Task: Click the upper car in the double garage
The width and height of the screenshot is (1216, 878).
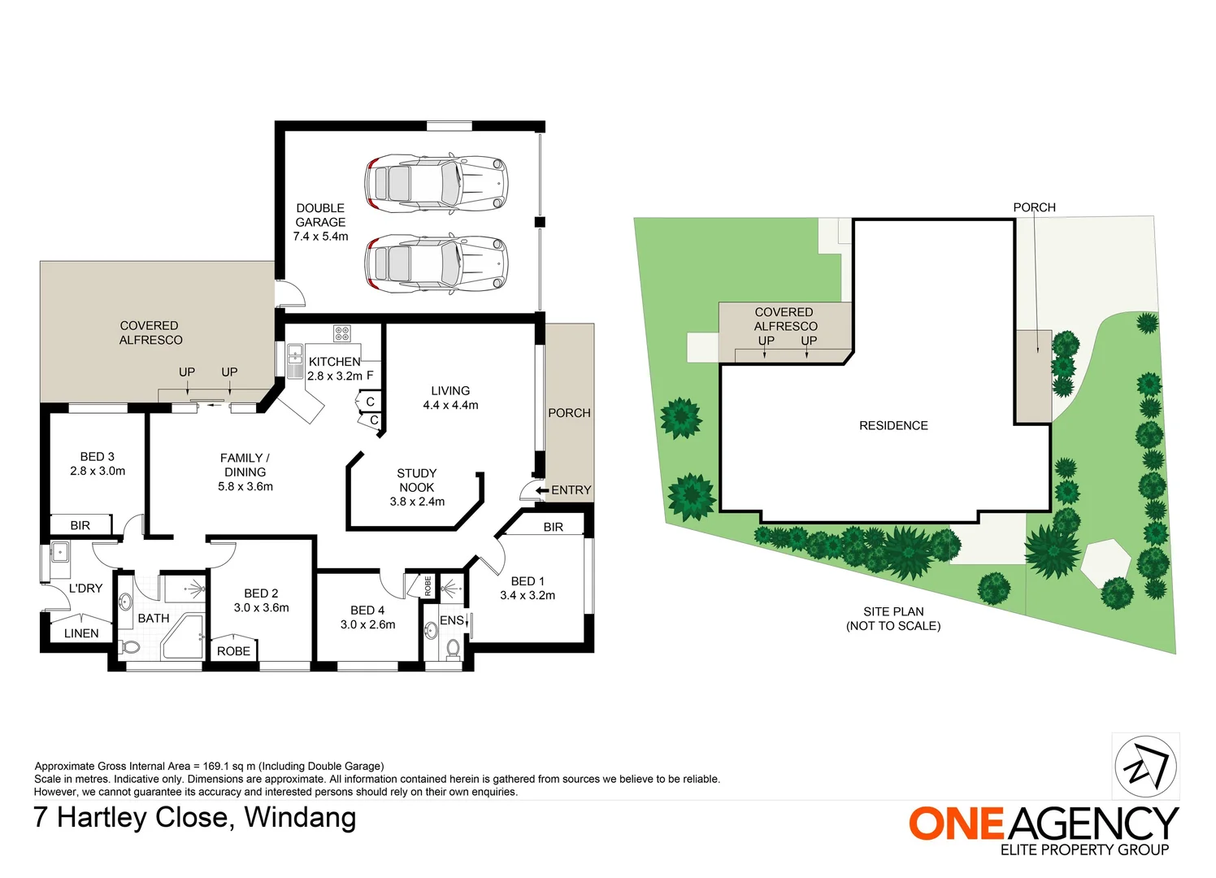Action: pos(436,184)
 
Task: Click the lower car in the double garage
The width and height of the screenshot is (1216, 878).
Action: pos(436,263)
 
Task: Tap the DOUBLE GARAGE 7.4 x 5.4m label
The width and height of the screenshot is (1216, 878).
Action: pos(320,222)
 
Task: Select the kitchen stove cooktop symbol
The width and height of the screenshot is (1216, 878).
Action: pos(341,333)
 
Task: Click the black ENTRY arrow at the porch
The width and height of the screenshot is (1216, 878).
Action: pos(542,490)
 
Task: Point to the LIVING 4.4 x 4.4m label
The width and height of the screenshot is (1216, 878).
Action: pos(450,398)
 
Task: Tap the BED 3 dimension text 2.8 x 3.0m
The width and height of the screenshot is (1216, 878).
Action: pos(98,471)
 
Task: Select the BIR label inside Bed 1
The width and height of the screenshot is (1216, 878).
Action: pos(554,527)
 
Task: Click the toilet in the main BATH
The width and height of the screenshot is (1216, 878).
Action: pos(129,647)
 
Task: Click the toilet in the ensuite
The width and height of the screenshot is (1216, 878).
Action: pos(453,648)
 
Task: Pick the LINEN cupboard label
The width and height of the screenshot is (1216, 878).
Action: pos(81,633)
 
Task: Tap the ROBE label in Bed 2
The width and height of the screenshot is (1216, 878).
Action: pos(233,651)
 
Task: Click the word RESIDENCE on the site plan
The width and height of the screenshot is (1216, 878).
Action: pos(893,425)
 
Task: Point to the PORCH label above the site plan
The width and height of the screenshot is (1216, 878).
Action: pos(1034,207)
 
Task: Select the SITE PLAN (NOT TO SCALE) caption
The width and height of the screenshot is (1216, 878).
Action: pos(893,619)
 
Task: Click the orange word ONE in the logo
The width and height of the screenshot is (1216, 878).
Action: pos(957,824)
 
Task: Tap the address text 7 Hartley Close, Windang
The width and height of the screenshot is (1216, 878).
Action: pos(194,817)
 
